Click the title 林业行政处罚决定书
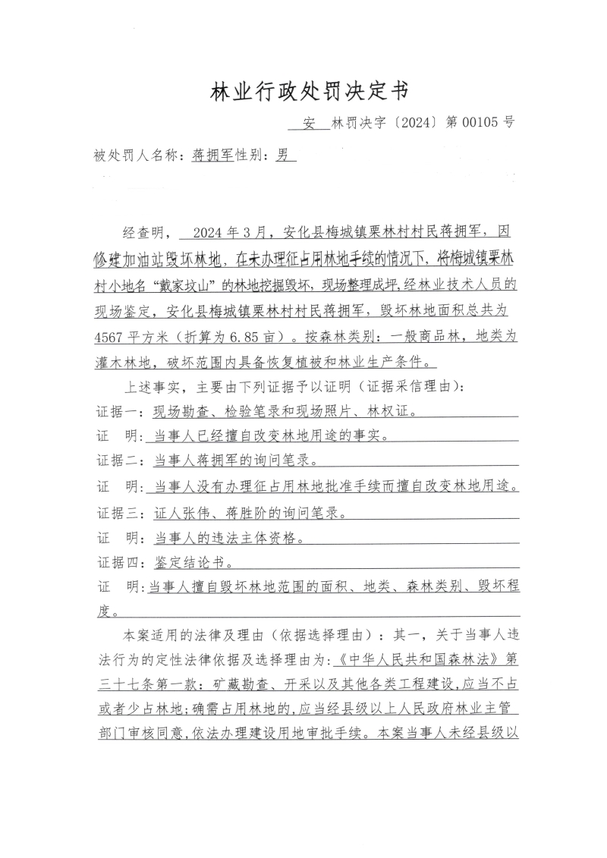pyautogui.click(x=309, y=92)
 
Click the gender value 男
pyautogui.click(x=282, y=156)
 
